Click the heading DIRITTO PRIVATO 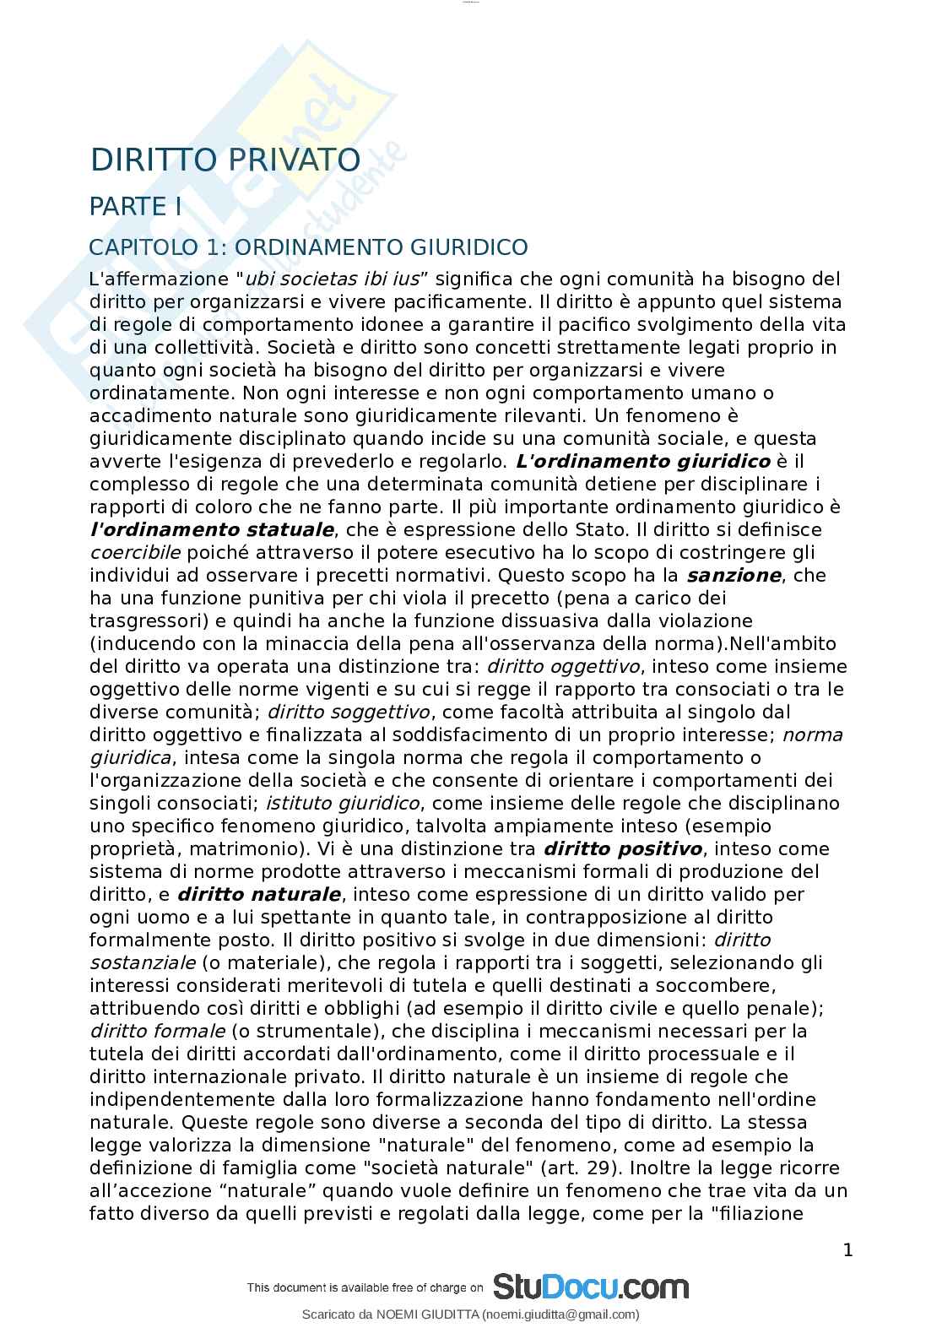225,160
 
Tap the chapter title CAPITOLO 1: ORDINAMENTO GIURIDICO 308,247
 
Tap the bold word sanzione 734,576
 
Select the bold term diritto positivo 623,849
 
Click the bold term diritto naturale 259,895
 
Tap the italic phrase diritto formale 157,1032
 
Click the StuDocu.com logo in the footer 591,1287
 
